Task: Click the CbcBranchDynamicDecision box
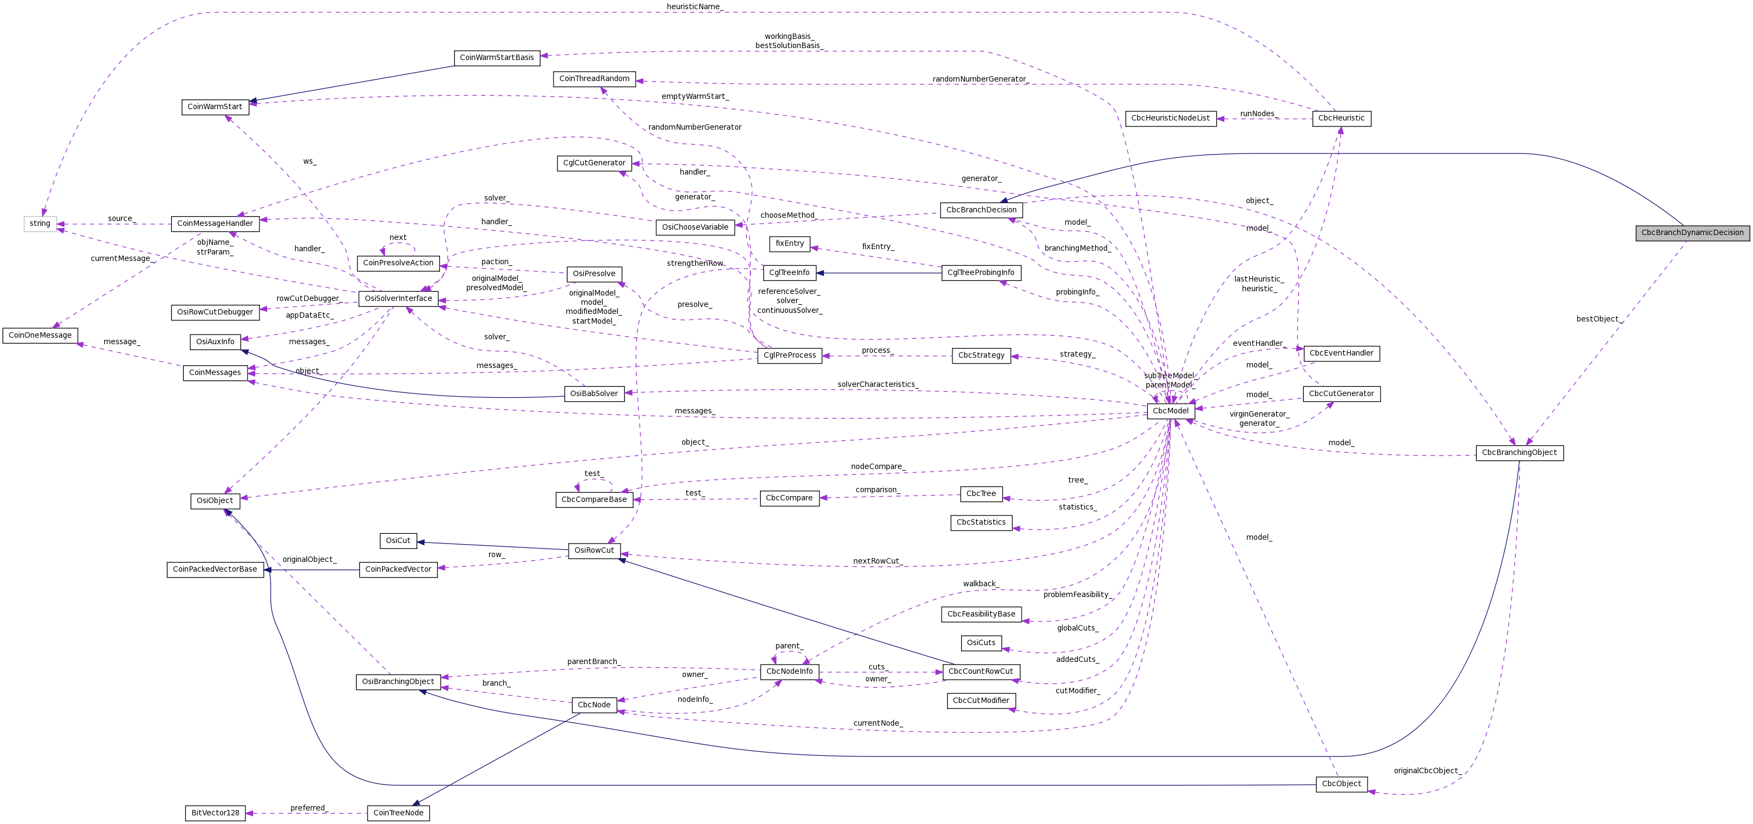pyautogui.click(x=1692, y=233)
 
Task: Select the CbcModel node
pyautogui.click(x=1170, y=411)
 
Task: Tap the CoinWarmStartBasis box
pyautogui.click(x=497, y=58)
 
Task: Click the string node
pyautogui.click(x=39, y=223)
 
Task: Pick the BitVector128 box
pyautogui.click(x=215, y=813)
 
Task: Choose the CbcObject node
pyautogui.click(x=1341, y=784)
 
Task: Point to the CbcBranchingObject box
pyautogui.click(x=1519, y=452)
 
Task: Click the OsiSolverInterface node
pyautogui.click(x=398, y=299)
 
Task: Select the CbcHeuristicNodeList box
pyautogui.click(x=1170, y=118)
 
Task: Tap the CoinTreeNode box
pyautogui.click(x=398, y=813)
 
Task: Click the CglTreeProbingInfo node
pyautogui.click(x=981, y=273)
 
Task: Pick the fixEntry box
pyautogui.click(x=789, y=244)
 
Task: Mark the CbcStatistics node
pyautogui.click(x=981, y=522)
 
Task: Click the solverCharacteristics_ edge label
pyautogui.click(x=877, y=384)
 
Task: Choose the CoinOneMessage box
pyautogui.click(x=40, y=336)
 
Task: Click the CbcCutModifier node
pyautogui.click(x=981, y=701)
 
